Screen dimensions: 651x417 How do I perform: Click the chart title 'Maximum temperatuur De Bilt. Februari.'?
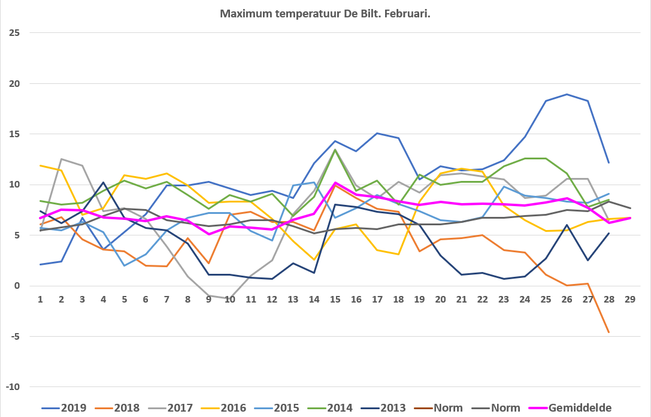coord(325,14)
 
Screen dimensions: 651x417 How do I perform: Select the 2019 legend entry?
coord(64,408)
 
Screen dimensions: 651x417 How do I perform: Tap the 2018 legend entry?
coord(117,408)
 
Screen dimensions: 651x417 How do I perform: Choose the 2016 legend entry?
coord(224,408)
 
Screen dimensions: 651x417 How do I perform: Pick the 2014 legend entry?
coord(330,408)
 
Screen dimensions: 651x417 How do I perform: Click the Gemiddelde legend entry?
coord(570,408)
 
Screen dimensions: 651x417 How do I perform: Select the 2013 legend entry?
coord(383,408)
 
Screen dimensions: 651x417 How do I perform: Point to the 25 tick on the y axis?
coord(14,33)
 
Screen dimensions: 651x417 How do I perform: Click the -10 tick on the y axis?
coord(13,386)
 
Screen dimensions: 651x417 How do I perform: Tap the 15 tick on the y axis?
coord(14,134)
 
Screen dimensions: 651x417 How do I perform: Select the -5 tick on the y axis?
coord(15,337)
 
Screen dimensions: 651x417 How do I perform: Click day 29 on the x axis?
coord(630,300)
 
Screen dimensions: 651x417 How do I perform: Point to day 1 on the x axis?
coord(40,300)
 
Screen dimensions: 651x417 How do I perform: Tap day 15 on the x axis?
coord(335,300)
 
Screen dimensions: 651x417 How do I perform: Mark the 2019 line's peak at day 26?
coord(567,94)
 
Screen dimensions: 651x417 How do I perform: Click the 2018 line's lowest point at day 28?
coord(608,333)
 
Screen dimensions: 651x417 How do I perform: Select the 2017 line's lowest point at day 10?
coord(229,298)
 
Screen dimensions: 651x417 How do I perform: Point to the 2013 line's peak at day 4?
coord(104,182)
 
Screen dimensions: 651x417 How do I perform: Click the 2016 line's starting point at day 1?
coord(40,166)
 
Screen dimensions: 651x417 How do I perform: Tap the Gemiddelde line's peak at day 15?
coord(335,182)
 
